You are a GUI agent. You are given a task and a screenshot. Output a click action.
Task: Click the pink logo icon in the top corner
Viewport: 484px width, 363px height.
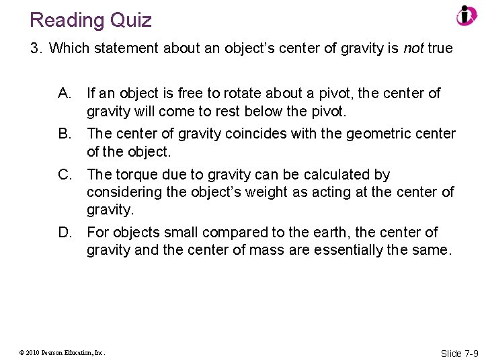tap(466, 15)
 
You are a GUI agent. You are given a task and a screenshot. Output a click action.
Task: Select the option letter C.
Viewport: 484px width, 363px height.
tap(65, 175)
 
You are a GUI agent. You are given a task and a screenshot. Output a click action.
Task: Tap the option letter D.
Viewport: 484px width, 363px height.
tap(65, 233)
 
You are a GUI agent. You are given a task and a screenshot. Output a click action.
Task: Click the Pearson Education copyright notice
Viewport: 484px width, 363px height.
tap(62, 352)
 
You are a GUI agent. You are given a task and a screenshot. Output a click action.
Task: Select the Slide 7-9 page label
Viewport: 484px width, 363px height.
tap(459, 353)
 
